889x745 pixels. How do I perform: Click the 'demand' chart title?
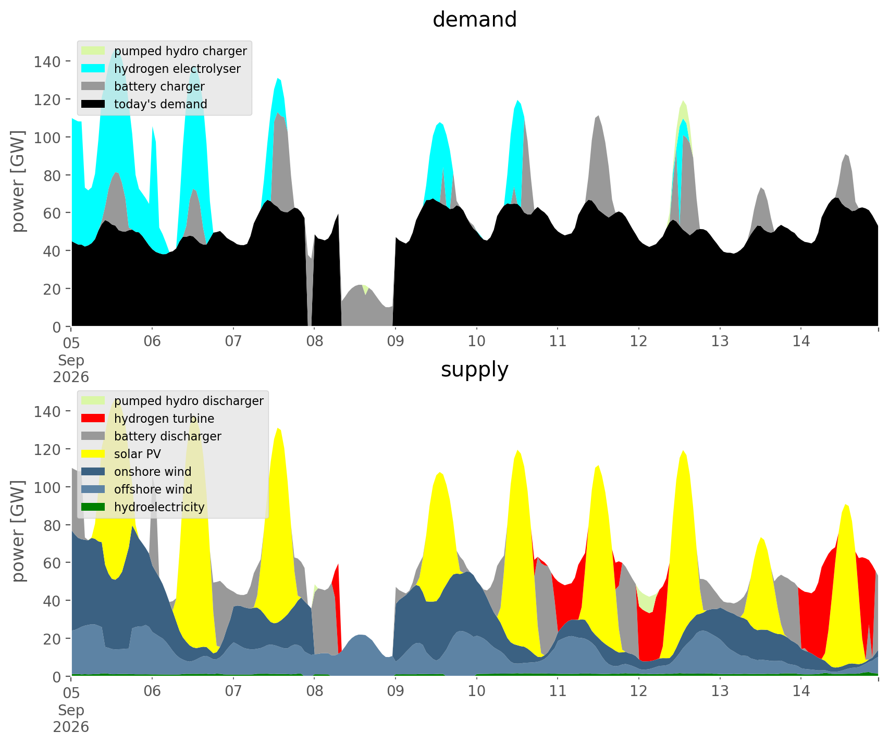(475, 20)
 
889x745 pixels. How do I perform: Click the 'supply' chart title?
(475, 370)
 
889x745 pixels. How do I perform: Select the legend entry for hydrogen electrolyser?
(162, 69)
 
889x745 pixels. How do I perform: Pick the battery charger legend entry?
(143, 86)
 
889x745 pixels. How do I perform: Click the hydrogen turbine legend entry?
(148, 419)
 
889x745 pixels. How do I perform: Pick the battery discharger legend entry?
(152, 436)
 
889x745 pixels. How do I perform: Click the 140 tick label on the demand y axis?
(47, 61)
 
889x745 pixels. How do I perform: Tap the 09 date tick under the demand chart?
(396, 342)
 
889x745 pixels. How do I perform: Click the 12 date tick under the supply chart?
(639, 692)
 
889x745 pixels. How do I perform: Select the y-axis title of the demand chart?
(18, 181)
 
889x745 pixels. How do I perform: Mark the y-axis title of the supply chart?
(18, 531)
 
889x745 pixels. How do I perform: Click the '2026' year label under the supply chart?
(71, 727)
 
